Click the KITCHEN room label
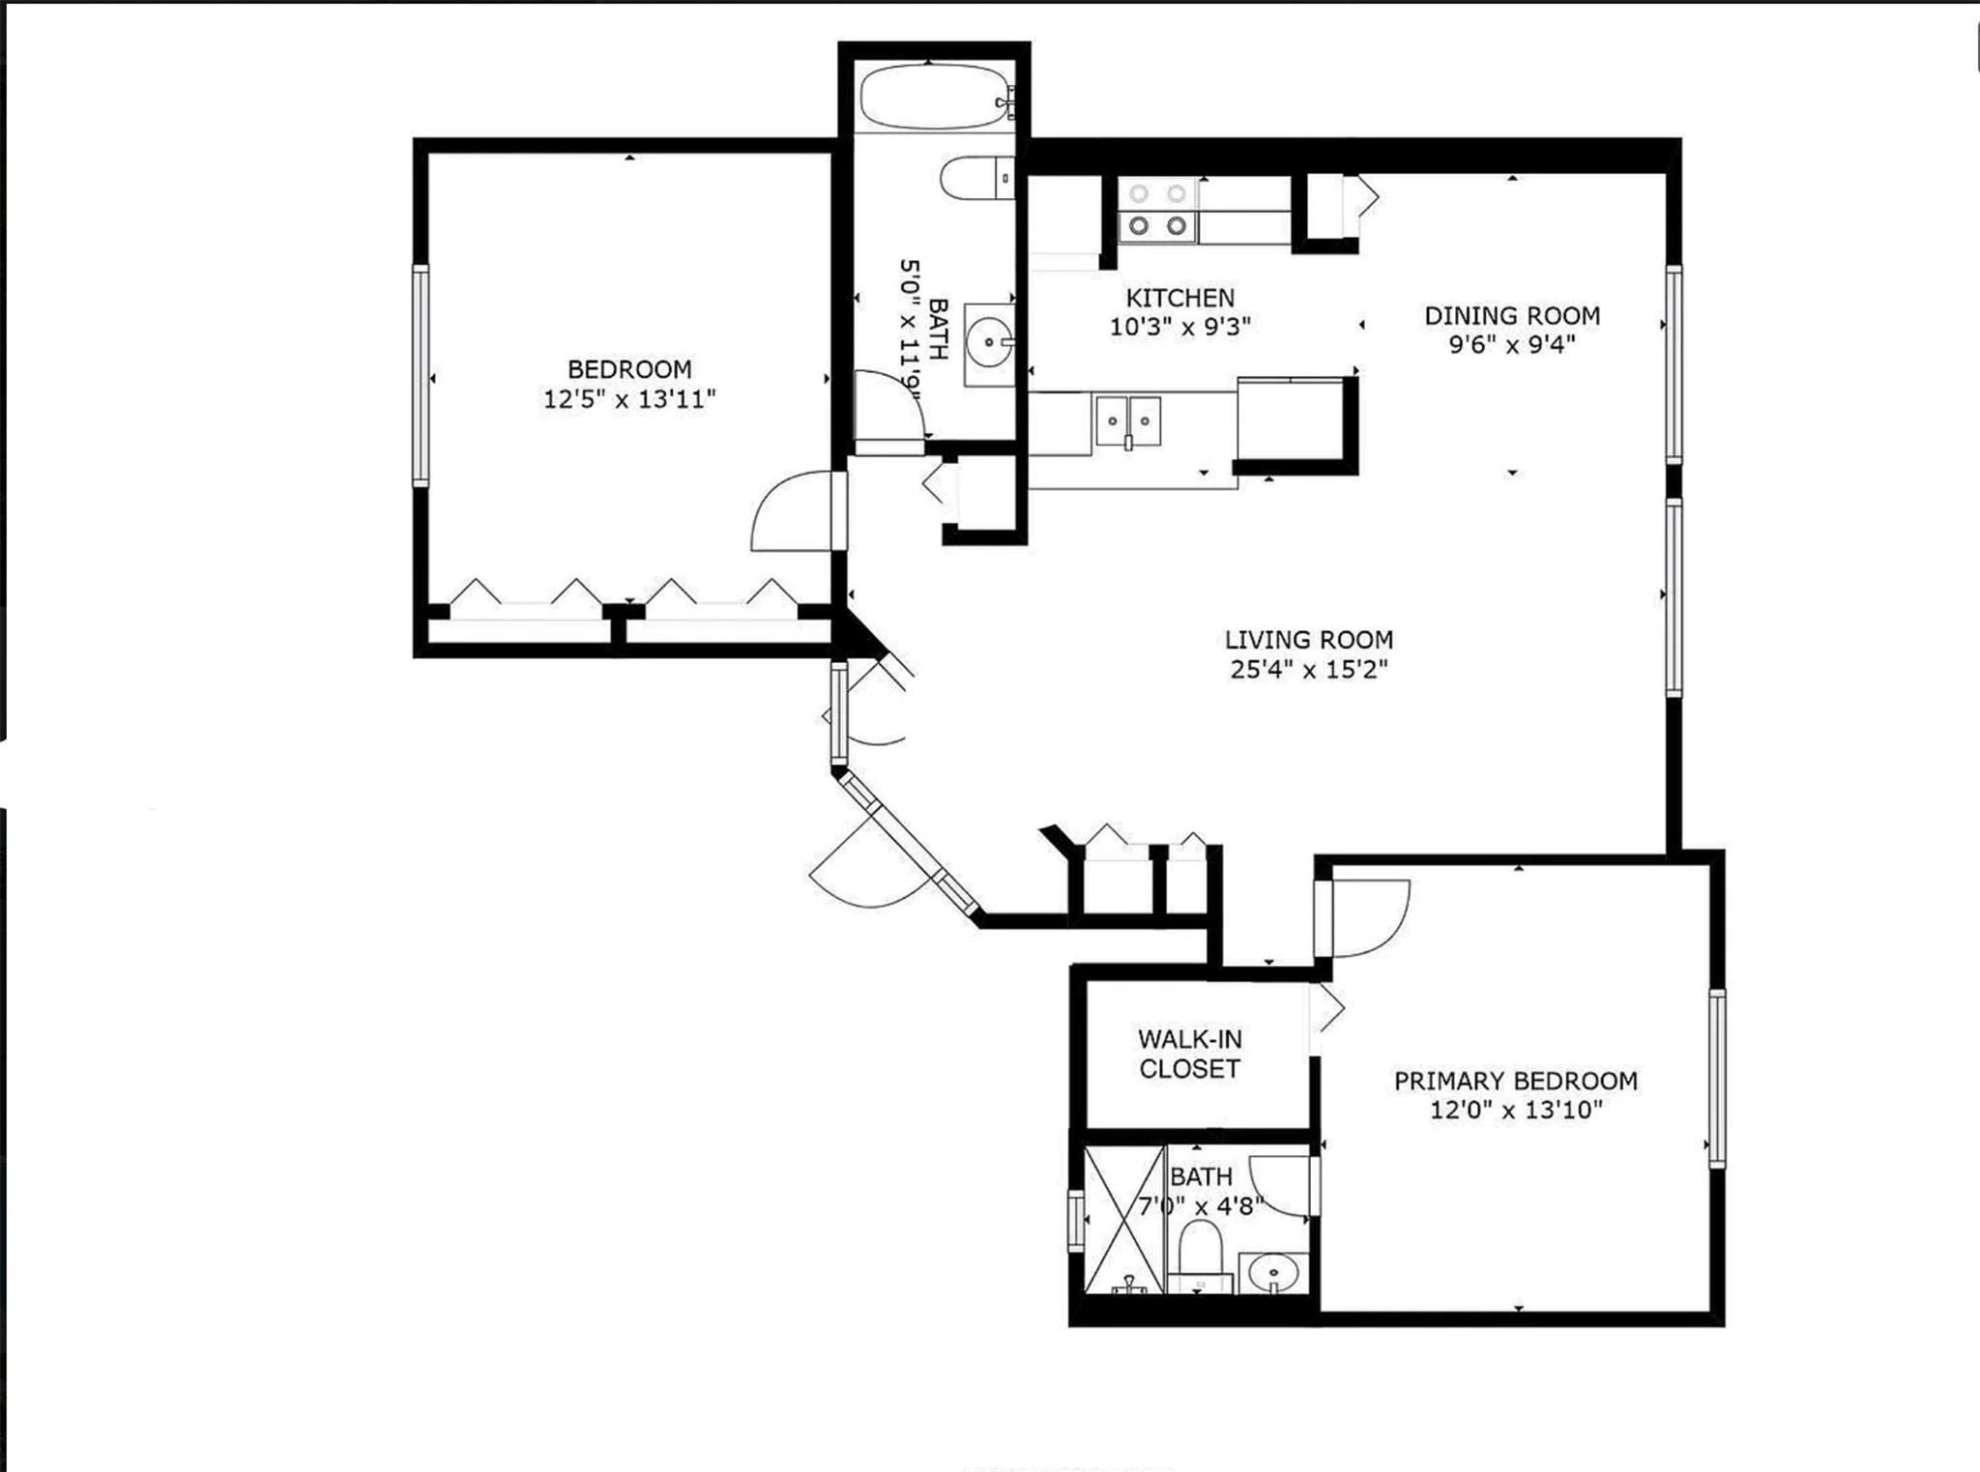(x=1179, y=298)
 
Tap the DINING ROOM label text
(x=1512, y=315)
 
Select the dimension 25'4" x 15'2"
(x=1308, y=669)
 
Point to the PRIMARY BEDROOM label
(x=1515, y=1081)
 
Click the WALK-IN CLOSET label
(x=1189, y=1053)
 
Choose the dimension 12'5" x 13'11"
(x=629, y=398)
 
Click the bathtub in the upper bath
(x=933, y=97)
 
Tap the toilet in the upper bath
(x=975, y=179)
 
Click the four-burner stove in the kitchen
(x=1157, y=210)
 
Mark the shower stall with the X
(x=1123, y=1219)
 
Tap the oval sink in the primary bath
(x=1272, y=1272)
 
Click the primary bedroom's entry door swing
(x=1365, y=918)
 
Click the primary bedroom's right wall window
(x=1716, y=1078)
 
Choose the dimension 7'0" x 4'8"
(x=1201, y=1206)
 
